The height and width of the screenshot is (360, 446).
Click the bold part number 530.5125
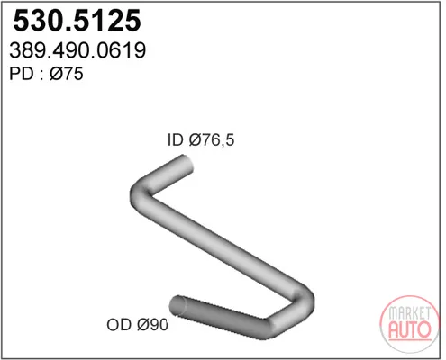pyautogui.click(x=77, y=21)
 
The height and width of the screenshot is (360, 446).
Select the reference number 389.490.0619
pyautogui.click(x=77, y=50)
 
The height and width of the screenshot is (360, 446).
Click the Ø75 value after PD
pyautogui.click(x=67, y=74)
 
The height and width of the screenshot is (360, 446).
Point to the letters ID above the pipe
pyautogui.click(x=175, y=139)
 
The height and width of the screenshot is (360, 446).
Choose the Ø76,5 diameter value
pyautogui.click(x=212, y=140)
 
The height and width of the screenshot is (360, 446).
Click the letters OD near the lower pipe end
pyautogui.click(x=119, y=324)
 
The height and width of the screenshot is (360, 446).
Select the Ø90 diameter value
pyautogui.click(x=152, y=324)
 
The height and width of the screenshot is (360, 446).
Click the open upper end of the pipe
pyautogui.click(x=187, y=164)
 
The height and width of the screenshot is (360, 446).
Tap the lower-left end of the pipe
pyautogui.click(x=177, y=305)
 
